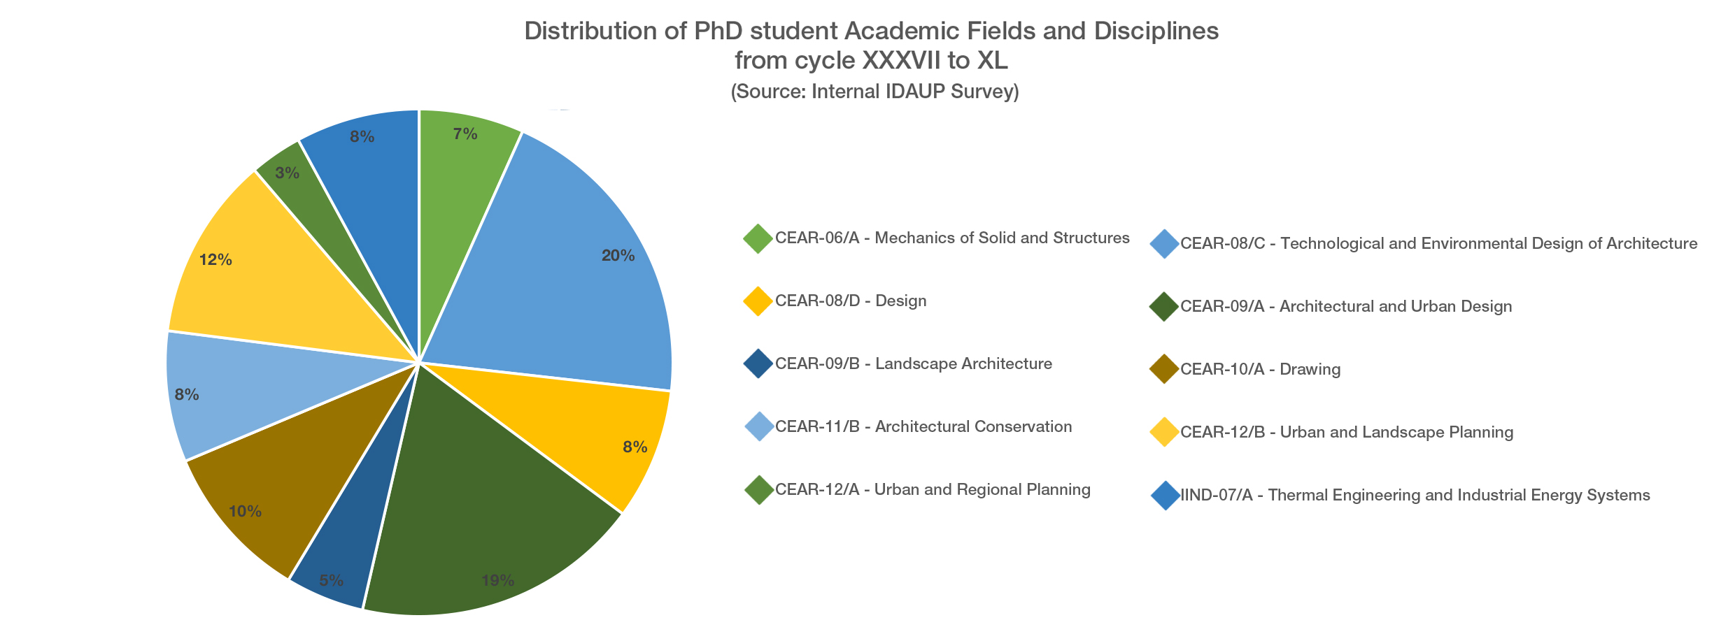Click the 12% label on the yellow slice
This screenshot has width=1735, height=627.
pos(215,260)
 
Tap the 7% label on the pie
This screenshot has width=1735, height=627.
pos(465,134)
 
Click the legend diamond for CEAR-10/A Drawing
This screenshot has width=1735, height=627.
pos(1164,369)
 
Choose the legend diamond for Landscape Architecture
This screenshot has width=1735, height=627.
pos(758,363)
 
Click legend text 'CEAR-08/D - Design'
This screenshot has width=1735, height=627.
pos(851,301)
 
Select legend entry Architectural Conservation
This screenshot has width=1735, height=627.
pos(923,426)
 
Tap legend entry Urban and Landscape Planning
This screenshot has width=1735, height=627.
pos(1347,432)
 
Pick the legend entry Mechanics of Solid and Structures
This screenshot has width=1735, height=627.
pos(952,238)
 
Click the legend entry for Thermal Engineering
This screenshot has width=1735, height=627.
pos(1415,495)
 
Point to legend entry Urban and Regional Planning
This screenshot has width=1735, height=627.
pos(933,489)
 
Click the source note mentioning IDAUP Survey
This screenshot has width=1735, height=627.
pos(874,92)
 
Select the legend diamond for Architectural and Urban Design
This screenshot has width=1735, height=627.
pos(1164,306)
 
